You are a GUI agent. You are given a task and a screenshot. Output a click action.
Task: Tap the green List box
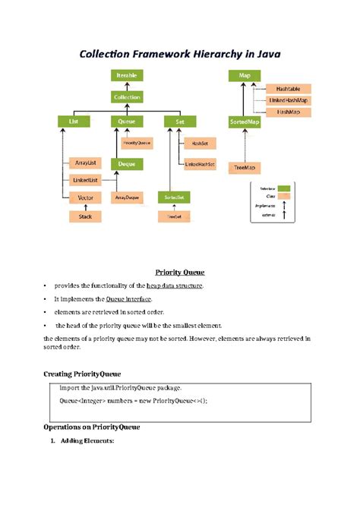click(74, 121)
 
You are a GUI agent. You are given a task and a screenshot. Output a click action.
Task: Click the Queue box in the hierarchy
click(126, 121)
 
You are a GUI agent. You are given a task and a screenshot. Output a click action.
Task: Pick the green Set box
click(179, 121)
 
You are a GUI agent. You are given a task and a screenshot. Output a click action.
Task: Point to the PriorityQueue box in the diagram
click(135, 142)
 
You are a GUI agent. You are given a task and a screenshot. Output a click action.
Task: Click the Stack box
click(85, 216)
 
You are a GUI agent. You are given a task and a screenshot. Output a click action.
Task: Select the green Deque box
click(126, 163)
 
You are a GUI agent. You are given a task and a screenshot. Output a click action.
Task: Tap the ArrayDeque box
click(127, 197)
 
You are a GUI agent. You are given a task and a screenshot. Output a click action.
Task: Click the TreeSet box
click(173, 216)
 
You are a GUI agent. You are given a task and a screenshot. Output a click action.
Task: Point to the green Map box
click(245, 76)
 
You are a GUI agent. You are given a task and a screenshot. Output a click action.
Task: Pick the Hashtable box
click(287, 89)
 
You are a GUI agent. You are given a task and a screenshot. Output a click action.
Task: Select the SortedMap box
click(245, 121)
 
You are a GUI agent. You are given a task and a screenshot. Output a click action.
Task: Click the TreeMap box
click(245, 168)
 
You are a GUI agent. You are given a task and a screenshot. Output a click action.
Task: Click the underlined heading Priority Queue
click(180, 272)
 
